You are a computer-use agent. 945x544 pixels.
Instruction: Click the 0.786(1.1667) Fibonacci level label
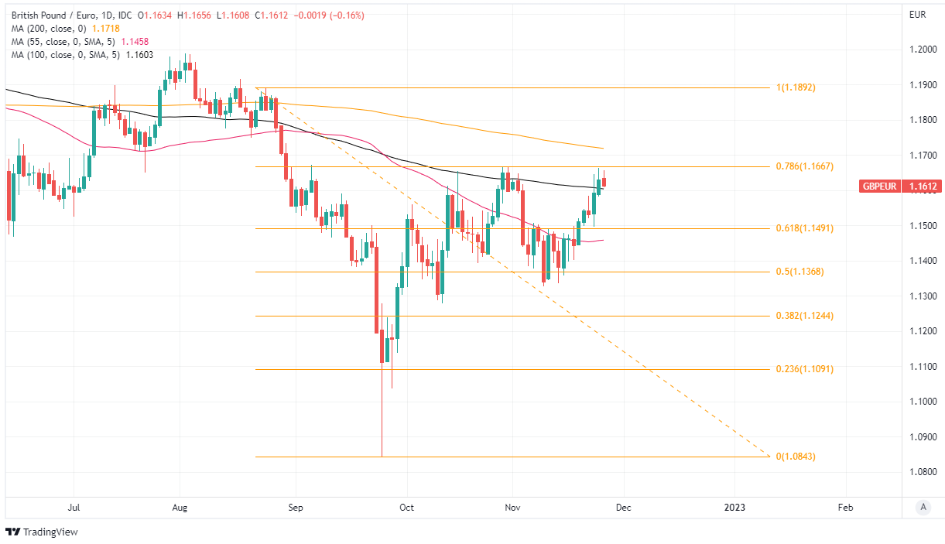(x=804, y=166)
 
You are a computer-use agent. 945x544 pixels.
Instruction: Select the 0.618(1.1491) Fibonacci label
(x=804, y=228)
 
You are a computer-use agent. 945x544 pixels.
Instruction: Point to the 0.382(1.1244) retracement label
(x=804, y=316)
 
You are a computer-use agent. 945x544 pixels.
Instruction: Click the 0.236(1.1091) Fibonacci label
(x=804, y=369)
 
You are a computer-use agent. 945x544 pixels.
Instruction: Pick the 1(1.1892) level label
(x=796, y=87)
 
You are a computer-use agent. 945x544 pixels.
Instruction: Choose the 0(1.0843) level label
(x=796, y=457)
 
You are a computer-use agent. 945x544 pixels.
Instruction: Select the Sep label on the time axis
(x=295, y=508)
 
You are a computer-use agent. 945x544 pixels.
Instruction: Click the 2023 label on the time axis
(x=734, y=508)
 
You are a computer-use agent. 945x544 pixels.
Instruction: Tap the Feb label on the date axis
(x=846, y=508)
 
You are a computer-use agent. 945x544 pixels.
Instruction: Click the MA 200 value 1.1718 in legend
(x=106, y=28)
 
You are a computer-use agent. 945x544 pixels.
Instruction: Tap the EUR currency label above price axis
(x=918, y=15)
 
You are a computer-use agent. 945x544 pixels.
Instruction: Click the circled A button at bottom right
(x=923, y=508)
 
